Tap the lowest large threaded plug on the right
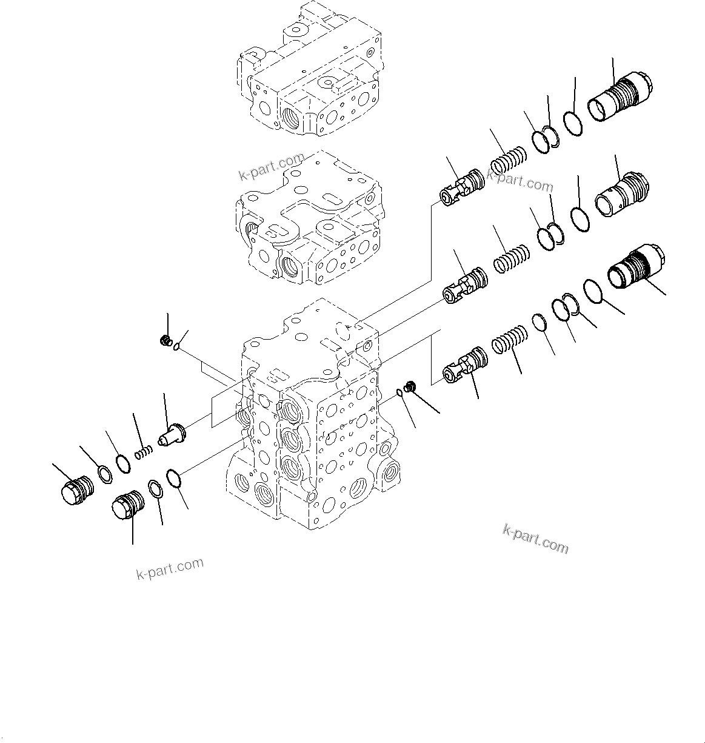[637, 268]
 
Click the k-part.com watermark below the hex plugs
[169, 569]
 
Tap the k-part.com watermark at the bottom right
[535, 538]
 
